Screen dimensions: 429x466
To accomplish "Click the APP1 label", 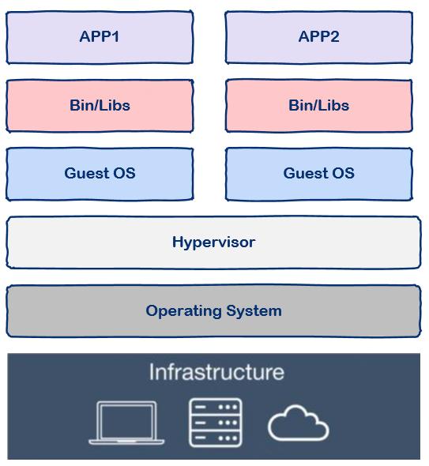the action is pyautogui.click(x=100, y=37).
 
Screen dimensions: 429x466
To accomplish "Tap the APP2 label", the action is pyautogui.click(x=318, y=37).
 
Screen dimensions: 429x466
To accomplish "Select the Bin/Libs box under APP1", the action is pyautogui.click(x=100, y=106).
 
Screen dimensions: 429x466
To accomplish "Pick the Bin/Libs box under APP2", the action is pyautogui.click(x=318, y=106).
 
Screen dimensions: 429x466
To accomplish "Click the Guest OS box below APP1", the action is pyautogui.click(x=100, y=174).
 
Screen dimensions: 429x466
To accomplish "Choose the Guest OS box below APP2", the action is pyautogui.click(x=318, y=174).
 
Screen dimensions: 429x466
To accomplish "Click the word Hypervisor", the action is pyautogui.click(x=213, y=242).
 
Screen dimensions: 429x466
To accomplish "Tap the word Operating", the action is pyautogui.click(x=184, y=311).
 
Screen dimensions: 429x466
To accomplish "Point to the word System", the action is pyautogui.click(x=254, y=311).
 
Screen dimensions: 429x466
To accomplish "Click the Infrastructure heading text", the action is pyautogui.click(x=216, y=372).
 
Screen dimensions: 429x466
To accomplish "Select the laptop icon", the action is pyautogui.click(x=126, y=423).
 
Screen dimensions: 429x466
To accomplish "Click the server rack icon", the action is pyautogui.click(x=216, y=423).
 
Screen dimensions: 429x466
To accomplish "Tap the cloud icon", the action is pyautogui.click(x=298, y=423).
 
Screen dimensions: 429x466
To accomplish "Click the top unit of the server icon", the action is pyautogui.click(x=216, y=407).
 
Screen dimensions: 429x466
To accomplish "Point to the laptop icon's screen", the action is pyautogui.click(x=126, y=420).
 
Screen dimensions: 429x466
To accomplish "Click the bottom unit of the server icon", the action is pyautogui.click(x=216, y=438).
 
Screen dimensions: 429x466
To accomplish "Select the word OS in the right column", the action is pyautogui.click(x=344, y=174).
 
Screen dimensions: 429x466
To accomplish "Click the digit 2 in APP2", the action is pyautogui.click(x=335, y=37).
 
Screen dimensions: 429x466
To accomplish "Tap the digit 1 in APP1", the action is pyautogui.click(x=115, y=37).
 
